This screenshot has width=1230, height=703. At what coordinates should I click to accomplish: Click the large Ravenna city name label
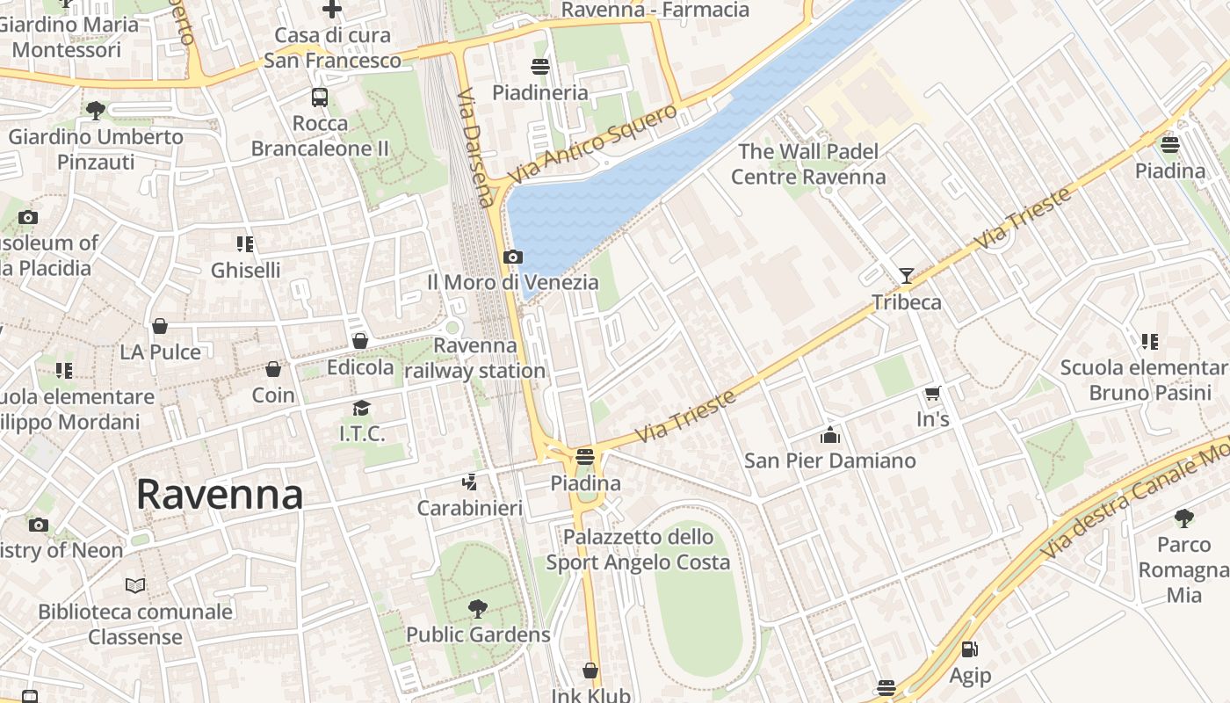click(220, 495)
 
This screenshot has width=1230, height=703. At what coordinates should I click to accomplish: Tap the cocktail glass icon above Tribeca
click(906, 276)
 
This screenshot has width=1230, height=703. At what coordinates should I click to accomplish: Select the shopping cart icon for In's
click(932, 394)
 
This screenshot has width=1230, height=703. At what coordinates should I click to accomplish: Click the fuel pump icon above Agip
click(970, 649)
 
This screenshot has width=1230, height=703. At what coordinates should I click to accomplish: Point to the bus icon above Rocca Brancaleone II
click(320, 98)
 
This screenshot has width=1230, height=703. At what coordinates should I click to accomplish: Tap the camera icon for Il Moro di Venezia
click(512, 257)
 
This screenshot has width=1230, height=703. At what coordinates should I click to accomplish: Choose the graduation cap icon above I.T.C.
click(361, 408)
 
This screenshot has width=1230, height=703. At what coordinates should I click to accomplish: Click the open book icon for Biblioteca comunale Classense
click(135, 585)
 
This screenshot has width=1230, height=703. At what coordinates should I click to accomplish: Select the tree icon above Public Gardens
click(478, 608)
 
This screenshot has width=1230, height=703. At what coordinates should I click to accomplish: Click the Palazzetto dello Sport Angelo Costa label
click(639, 549)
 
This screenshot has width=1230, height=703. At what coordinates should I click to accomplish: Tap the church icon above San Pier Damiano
click(829, 435)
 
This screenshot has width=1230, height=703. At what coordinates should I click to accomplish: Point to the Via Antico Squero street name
click(593, 144)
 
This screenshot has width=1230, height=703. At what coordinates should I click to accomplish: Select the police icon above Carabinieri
click(470, 482)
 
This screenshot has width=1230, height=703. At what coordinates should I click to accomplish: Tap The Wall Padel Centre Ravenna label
click(808, 164)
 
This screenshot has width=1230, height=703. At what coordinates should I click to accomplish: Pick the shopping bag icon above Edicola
click(360, 341)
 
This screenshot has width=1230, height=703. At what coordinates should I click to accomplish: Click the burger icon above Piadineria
click(539, 67)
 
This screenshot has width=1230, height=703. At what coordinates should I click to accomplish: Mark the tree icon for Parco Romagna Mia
click(1183, 518)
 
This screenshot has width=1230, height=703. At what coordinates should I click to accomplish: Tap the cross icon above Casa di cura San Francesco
click(332, 10)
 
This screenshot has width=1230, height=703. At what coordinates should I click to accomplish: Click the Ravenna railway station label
click(475, 358)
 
